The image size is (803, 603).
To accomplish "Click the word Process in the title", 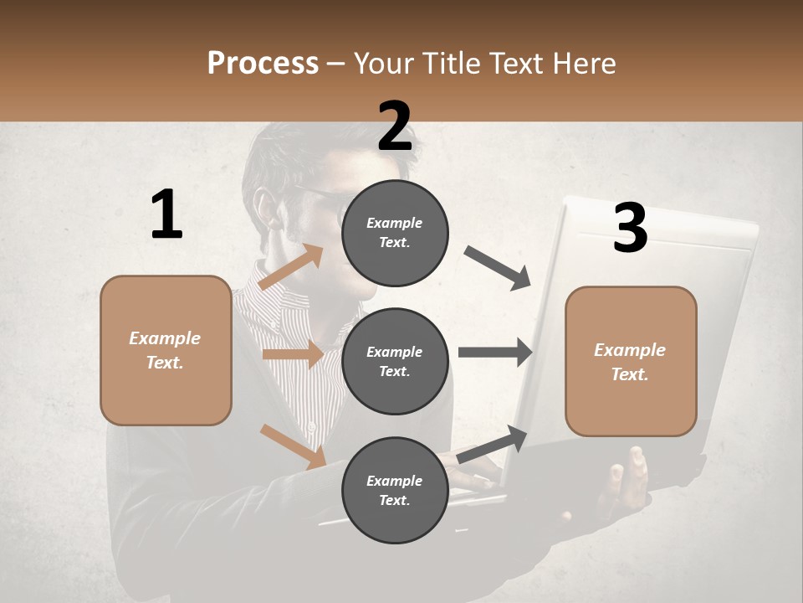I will click(x=263, y=63).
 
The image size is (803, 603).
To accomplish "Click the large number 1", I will click(x=166, y=215).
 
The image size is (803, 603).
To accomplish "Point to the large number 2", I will click(x=395, y=126).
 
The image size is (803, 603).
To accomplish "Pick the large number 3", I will click(x=630, y=228).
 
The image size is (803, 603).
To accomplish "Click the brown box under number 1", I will click(x=166, y=350).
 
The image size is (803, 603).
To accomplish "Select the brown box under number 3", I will click(x=631, y=361).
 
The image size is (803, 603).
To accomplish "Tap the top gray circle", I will click(x=395, y=233).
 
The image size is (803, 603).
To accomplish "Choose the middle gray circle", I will click(x=395, y=361).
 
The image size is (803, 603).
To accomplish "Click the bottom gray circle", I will click(x=395, y=490).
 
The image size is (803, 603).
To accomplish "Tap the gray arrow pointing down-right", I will click(x=498, y=267).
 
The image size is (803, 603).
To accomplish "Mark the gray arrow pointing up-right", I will click(x=493, y=443).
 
